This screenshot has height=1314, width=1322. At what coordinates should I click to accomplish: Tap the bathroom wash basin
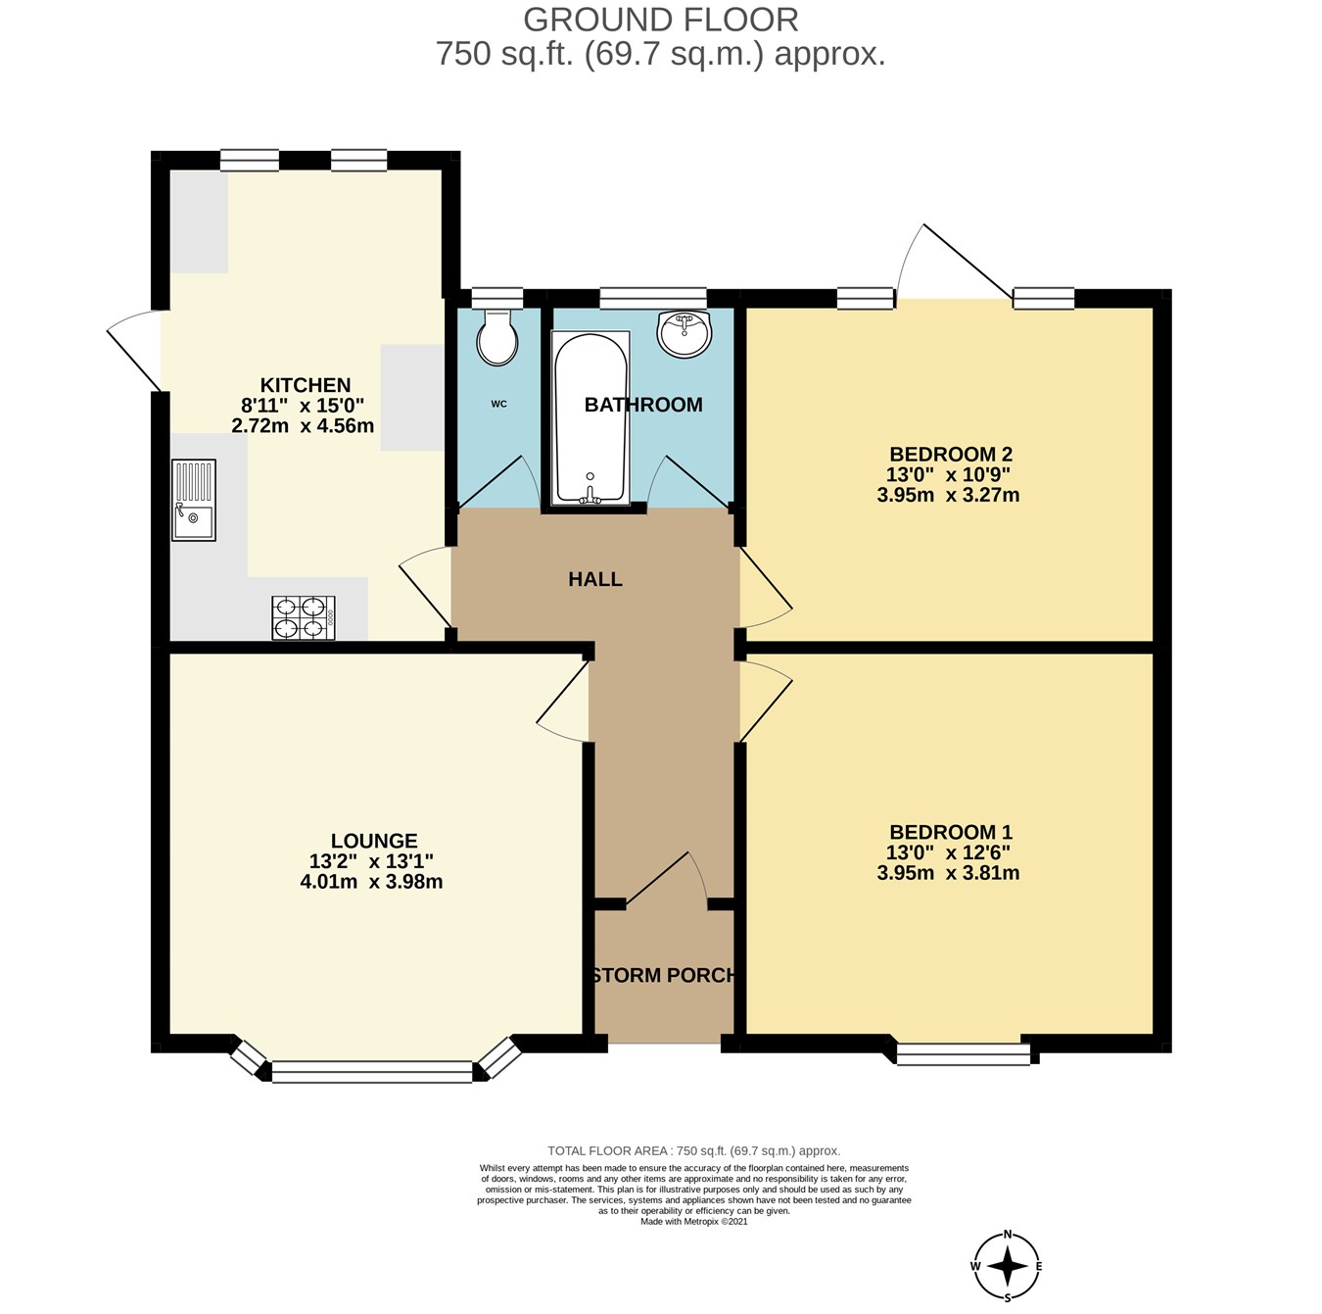(x=684, y=334)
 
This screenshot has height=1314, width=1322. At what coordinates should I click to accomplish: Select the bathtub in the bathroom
(x=590, y=417)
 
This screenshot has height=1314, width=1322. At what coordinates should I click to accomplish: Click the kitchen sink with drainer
(x=194, y=500)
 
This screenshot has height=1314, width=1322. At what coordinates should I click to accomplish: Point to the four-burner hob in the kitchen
(x=304, y=618)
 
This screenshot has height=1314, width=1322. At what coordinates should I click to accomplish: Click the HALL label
(x=594, y=579)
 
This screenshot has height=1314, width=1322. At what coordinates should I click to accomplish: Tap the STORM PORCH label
(x=664, y=975)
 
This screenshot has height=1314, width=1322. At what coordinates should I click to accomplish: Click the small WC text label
(x=498, y=404)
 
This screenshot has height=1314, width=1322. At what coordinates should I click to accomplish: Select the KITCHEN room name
(x=306, y=385)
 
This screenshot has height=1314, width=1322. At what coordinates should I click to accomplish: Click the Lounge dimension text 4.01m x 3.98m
(x=371, y=882)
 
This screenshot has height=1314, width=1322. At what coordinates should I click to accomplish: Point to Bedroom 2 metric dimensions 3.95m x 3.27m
(x=948, y=495)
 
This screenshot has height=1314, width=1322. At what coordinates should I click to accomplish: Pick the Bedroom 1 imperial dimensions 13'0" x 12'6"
(x=948, y=852)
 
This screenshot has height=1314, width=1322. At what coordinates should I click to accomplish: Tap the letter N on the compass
(x=1008, y=1234)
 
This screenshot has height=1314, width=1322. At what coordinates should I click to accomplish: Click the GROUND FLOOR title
(x=661, y=20)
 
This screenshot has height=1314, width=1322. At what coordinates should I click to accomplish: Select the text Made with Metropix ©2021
(x=693, y=1221)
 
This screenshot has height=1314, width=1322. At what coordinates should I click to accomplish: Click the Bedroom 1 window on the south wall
(x=964, y=1053)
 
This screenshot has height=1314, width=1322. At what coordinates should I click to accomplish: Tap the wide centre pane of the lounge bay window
(x=372, y=1072)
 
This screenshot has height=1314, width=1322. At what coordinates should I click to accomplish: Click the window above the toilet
(x=496, y=297)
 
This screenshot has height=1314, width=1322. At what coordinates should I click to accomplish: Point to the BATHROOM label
(x=643, y=405)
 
